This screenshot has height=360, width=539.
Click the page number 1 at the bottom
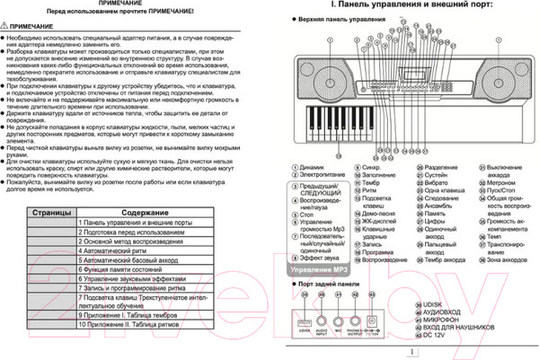pyautogui.click(x=411, y=352)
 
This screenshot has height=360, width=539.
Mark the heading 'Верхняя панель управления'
pyautogui.click(x=342, y=19)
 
